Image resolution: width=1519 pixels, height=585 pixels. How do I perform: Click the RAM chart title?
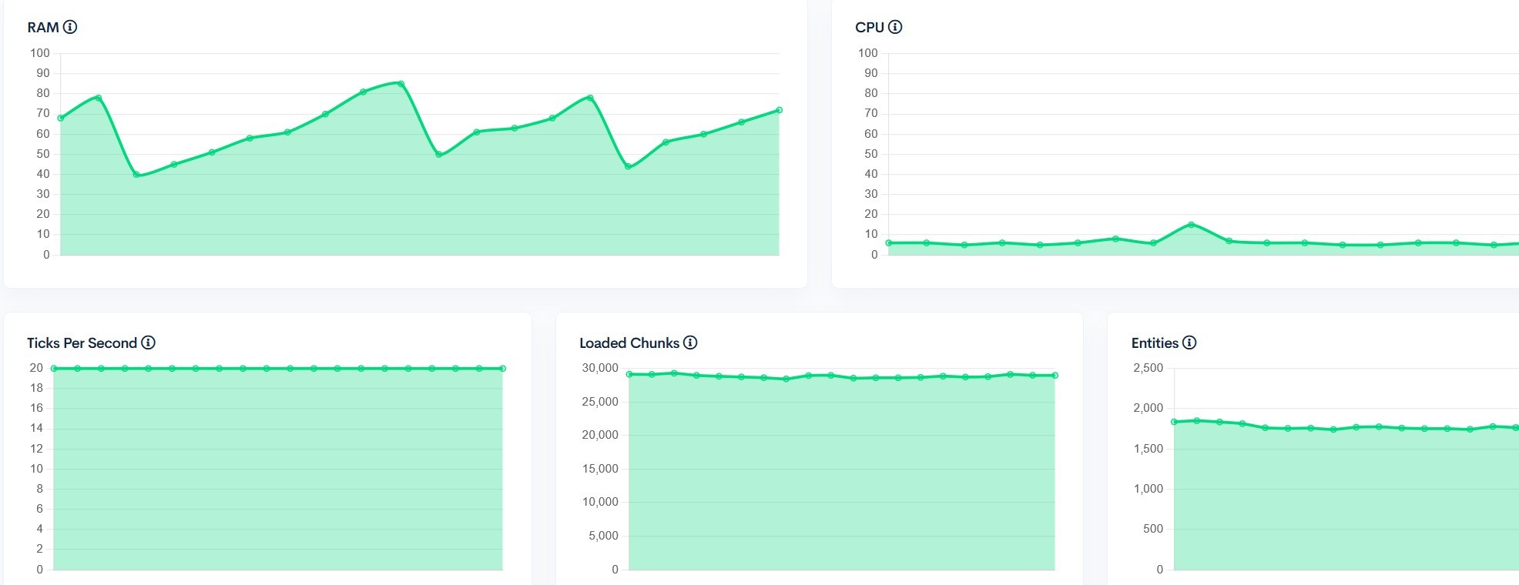coord(43,28)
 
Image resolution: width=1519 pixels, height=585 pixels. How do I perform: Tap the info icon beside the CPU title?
coord(895,27)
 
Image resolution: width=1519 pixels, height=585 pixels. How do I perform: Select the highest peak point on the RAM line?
coord(401,84)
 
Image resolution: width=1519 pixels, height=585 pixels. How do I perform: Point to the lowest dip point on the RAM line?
coord(136,175)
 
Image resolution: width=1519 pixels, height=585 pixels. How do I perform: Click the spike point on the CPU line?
coord(1192,225)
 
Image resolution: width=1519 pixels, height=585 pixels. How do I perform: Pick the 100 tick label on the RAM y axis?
coord(40,53)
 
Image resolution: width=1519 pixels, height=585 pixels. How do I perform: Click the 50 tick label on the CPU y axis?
coord(870,154)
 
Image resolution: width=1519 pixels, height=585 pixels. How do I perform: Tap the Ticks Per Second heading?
coord(82,343)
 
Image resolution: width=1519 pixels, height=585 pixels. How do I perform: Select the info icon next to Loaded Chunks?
coord(690,343)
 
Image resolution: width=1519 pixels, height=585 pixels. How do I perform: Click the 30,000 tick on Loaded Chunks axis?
coord(600,368)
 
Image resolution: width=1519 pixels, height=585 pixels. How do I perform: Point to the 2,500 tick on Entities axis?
coord(1148,368)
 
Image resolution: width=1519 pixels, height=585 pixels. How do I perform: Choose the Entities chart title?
coord(1155,343)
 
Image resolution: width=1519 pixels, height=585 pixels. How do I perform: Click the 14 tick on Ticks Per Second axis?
coord(36,428)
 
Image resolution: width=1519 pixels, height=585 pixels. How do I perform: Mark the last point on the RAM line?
coord(779,110)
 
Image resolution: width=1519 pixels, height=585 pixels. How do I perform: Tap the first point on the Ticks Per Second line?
coord(54,369)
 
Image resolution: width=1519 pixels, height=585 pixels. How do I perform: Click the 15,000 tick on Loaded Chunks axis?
coord(600,469)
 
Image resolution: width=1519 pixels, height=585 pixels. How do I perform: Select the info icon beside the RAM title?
coord(70,27)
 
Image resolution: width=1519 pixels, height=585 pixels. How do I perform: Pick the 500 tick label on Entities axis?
coord(1153,529)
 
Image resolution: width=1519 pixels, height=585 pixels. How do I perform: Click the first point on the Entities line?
coord(1174,422)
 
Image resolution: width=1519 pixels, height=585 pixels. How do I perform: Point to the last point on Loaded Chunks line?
coord(1055,376)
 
